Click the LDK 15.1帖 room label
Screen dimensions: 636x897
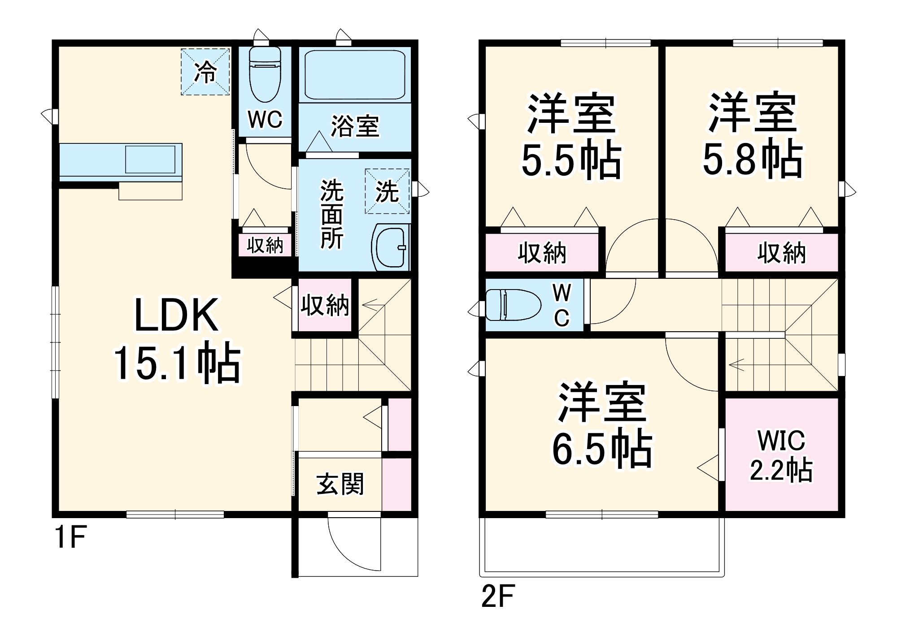pos(177,341)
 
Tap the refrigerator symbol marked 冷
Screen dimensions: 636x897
pos(205,72)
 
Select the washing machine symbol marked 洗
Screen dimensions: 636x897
pos(387,191)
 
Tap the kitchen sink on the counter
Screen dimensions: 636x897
pos(150,159)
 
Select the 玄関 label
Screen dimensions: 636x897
pos(340,484)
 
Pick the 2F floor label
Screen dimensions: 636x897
pos(498,596)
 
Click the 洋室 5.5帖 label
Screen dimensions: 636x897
pos(571,137)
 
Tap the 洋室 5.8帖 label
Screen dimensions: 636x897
pos(752,134)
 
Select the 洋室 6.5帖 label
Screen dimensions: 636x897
pos(602,426)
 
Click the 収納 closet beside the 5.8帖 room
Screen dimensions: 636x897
pos(781,253)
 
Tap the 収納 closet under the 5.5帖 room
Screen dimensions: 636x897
pos(542,253)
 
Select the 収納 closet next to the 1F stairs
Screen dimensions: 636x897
pos(325,305)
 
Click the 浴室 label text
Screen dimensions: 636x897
pos(355,126)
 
